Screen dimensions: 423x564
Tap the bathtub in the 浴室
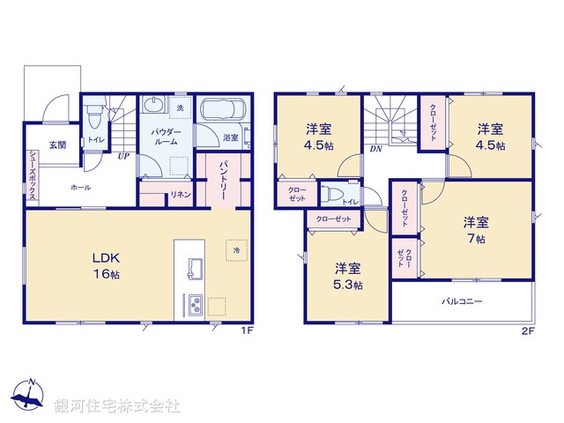click(x=223, y=113)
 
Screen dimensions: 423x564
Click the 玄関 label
click(x=56, y=145)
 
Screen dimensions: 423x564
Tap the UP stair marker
click(x=124, y=158)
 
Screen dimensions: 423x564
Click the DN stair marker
click(x=375, y=150)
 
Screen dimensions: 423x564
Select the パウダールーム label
click(x=167, y=137)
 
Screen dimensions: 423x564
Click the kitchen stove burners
click(x=194, y=305)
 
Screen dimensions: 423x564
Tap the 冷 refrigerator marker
click(x=236, y=250)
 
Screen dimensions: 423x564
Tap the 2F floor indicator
click(x=528, y=331)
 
